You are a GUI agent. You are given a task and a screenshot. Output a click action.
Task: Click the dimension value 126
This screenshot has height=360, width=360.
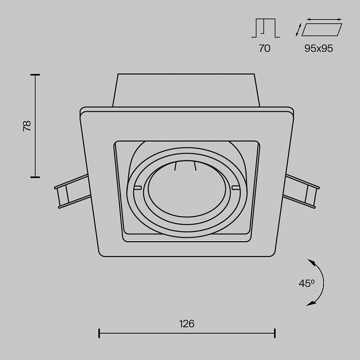click(187, 323)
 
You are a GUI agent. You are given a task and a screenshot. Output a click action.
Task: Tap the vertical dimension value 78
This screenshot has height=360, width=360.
click(27, 126)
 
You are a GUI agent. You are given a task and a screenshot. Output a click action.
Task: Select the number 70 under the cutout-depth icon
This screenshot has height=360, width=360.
click(264, 48)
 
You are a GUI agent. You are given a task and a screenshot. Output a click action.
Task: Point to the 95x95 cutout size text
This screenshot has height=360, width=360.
click(319, 48)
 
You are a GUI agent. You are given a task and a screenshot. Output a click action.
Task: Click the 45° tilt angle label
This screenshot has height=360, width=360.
click(307, 283)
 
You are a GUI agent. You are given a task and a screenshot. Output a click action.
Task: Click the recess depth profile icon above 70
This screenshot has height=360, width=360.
click(265, 28)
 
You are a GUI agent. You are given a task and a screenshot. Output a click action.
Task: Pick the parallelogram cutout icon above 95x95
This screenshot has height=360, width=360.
click(321, 30)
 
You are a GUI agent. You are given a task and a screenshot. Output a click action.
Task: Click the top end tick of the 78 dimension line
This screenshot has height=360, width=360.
click(35, 75)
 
